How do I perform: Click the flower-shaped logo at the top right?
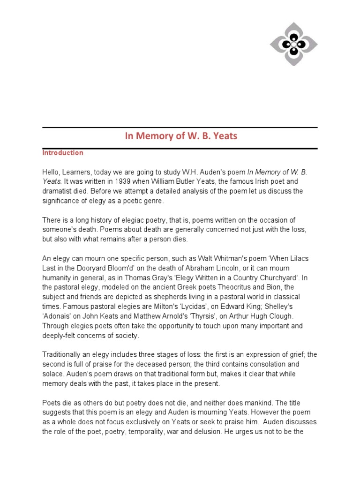293,44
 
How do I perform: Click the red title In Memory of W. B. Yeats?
181,136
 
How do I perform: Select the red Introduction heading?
63,153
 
